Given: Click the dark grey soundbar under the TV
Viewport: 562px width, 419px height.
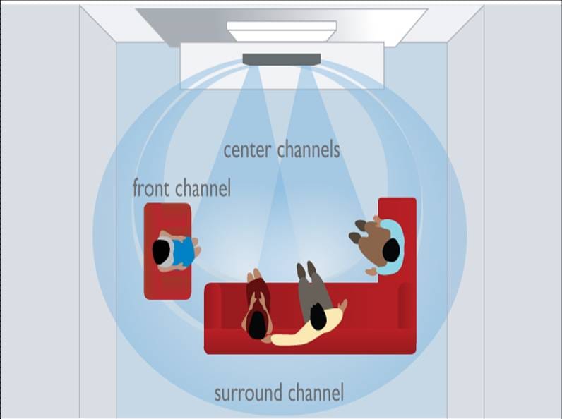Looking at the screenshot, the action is pyautogui.click(x=282, y=59).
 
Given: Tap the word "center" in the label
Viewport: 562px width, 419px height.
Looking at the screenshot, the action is pyautogui.click(x=247, y=150).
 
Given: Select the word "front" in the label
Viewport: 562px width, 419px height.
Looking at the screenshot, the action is pyautogui.click(x=151, y=188).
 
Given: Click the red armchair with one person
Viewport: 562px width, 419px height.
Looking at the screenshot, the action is pyautogui.click(x=167, y=251).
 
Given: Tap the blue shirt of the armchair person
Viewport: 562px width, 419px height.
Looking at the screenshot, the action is pyautogui.click(x=184, y=252).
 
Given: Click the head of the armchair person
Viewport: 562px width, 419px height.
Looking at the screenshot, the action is pyautogui.click(x=161, y=252).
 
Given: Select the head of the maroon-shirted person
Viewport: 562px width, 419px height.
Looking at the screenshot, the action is pyautogui.click(x=257, y=324).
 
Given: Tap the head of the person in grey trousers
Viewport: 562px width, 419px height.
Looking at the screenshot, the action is pyautogui.click(x=318, y=316).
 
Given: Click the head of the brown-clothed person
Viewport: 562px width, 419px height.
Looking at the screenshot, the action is pyautogui.click(x=391, y=250).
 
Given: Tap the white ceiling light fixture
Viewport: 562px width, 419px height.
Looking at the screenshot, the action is pyautogui.click(x=282, y=32).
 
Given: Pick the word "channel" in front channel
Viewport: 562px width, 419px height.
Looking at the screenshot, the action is pyautogui.click(x=203, y=188).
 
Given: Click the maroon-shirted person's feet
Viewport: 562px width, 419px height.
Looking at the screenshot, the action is pyautogui.click(x=256, y=274).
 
